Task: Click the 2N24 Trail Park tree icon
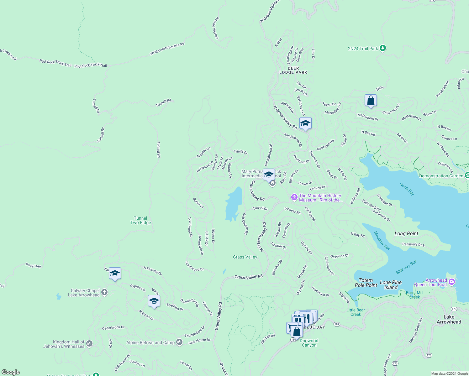click(382, 48)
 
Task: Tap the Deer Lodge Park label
click(293, 70)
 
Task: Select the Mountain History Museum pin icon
click(294, 197)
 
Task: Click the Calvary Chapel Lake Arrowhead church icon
click(104, 292)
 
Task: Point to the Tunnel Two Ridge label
click(140, 220)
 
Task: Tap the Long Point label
click(406, 233)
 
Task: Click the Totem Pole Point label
click(366, 283)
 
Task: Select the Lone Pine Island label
click(391, 285)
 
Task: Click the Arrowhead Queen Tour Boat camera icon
click(451, 282)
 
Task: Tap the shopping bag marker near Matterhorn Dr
click(371, 101)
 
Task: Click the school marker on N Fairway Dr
click(115, 274)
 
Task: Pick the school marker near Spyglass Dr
click(154, 301)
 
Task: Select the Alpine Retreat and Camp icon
click(179, 342)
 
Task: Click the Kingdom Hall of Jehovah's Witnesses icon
click(89, 344)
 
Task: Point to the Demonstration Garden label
click(441, 176)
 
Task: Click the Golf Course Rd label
click(245, 224)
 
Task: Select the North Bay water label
click(407, 189)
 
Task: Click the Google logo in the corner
click(10, 372)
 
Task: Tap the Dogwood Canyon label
click(309, 343)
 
